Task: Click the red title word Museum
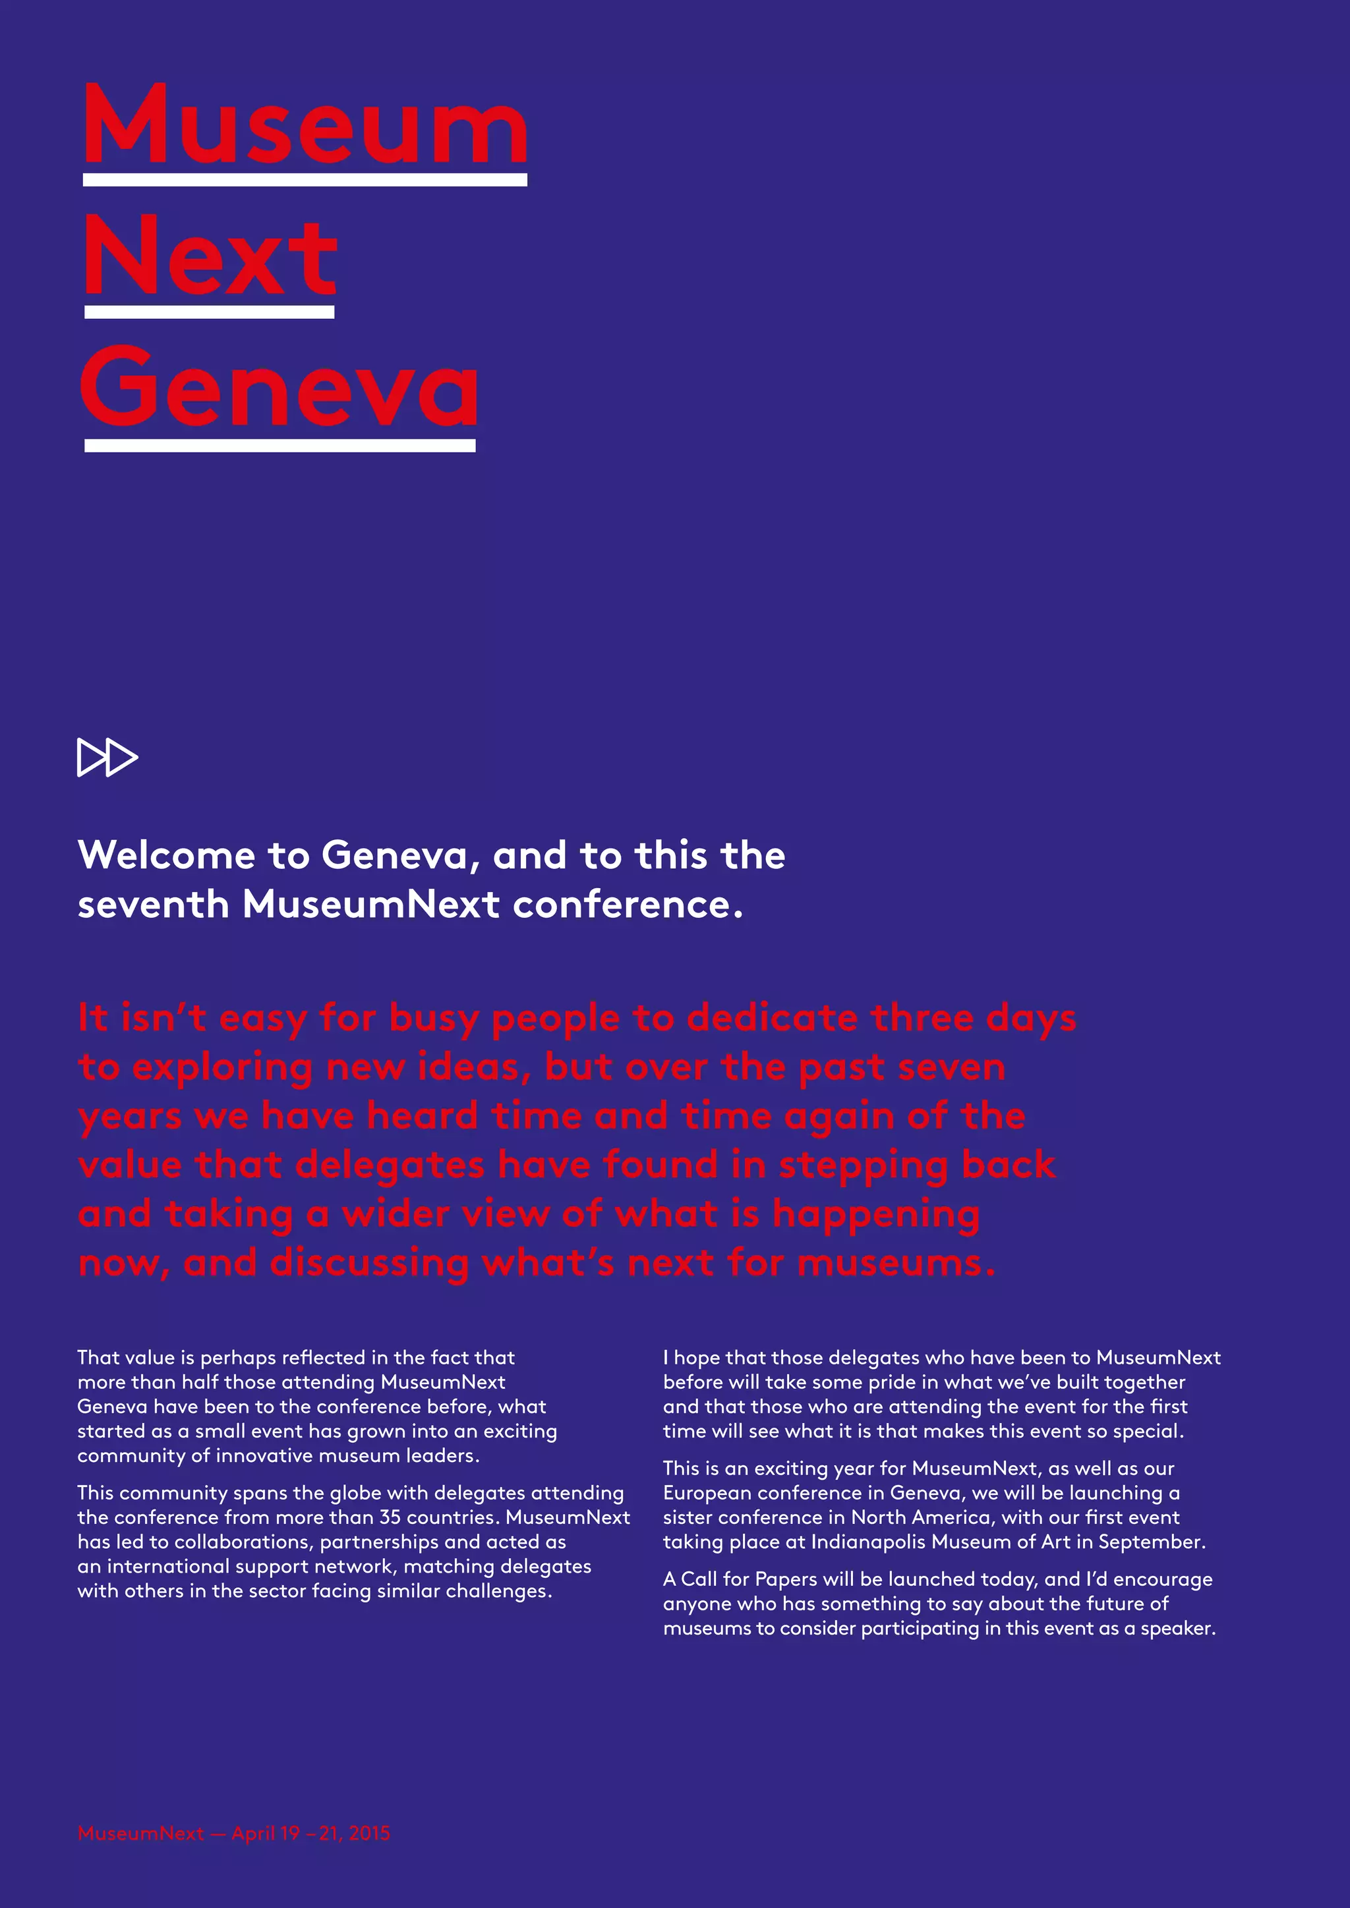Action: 305,126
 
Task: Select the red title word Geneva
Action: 279,387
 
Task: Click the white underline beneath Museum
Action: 305,179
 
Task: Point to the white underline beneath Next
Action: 210,312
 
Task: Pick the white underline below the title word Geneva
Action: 280,445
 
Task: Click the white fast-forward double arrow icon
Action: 107,757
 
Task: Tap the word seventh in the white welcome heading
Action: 153,904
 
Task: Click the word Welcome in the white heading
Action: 166,855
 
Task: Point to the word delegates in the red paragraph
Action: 390,1165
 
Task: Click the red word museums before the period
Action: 891,1263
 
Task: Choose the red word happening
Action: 875,1215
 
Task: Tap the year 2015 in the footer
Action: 369,1833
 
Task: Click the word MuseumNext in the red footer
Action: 140,1833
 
